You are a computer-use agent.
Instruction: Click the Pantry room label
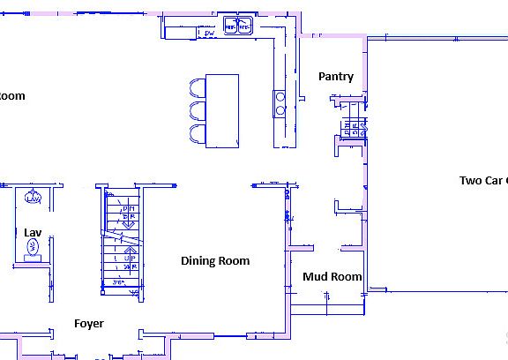click(x=336, y=77)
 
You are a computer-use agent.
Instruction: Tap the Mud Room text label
click(x=332, y=277)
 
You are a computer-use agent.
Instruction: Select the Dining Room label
click(x=215, y=261)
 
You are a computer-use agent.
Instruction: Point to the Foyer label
click(x=89, y=324)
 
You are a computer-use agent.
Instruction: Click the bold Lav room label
click(x=33, y=232)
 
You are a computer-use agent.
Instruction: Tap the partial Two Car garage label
click(x=483, y=181)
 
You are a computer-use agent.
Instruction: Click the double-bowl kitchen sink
click(x=238, y=26)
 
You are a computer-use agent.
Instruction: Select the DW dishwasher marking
click(x=208, y=34)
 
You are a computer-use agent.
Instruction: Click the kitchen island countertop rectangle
click(x=222, y=110)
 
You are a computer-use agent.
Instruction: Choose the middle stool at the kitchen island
click(x=196, y=110)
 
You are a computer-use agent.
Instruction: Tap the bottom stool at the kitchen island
click(x=196, y=133)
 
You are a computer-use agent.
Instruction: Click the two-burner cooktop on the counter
click(x=280, y=103)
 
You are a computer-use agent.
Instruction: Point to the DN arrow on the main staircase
click(x=127, y=216)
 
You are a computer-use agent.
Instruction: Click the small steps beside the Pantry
click(x=353, y=128)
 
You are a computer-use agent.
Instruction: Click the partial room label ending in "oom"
click(x=12, y=96)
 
